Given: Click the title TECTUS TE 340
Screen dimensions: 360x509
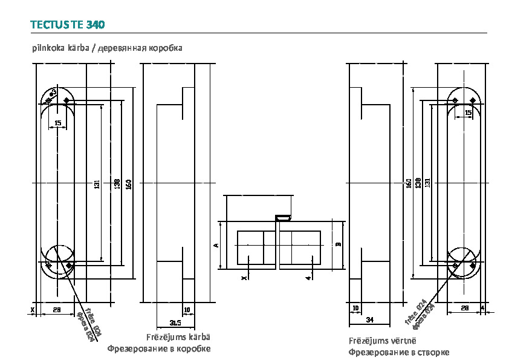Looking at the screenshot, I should [67, 25].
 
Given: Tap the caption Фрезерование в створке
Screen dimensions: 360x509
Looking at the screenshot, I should [398, 353].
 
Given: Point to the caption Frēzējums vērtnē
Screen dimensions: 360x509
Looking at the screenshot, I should [382, 341].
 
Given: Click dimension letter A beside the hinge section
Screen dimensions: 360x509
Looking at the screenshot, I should [216, 245].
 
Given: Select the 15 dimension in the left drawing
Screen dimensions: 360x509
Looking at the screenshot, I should [57, 123].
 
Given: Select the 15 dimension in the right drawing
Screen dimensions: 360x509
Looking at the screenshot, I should [467, 113].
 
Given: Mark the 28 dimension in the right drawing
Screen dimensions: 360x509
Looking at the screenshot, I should [464, 309].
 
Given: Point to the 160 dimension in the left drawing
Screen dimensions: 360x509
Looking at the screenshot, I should [129, 183].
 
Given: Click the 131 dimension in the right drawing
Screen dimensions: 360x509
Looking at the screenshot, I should [427, 182].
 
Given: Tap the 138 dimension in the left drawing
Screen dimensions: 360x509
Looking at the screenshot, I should [117, 183].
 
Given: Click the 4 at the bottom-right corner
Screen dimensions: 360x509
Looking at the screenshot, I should [482, 309].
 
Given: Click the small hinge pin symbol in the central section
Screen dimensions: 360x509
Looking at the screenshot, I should [282, 217].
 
